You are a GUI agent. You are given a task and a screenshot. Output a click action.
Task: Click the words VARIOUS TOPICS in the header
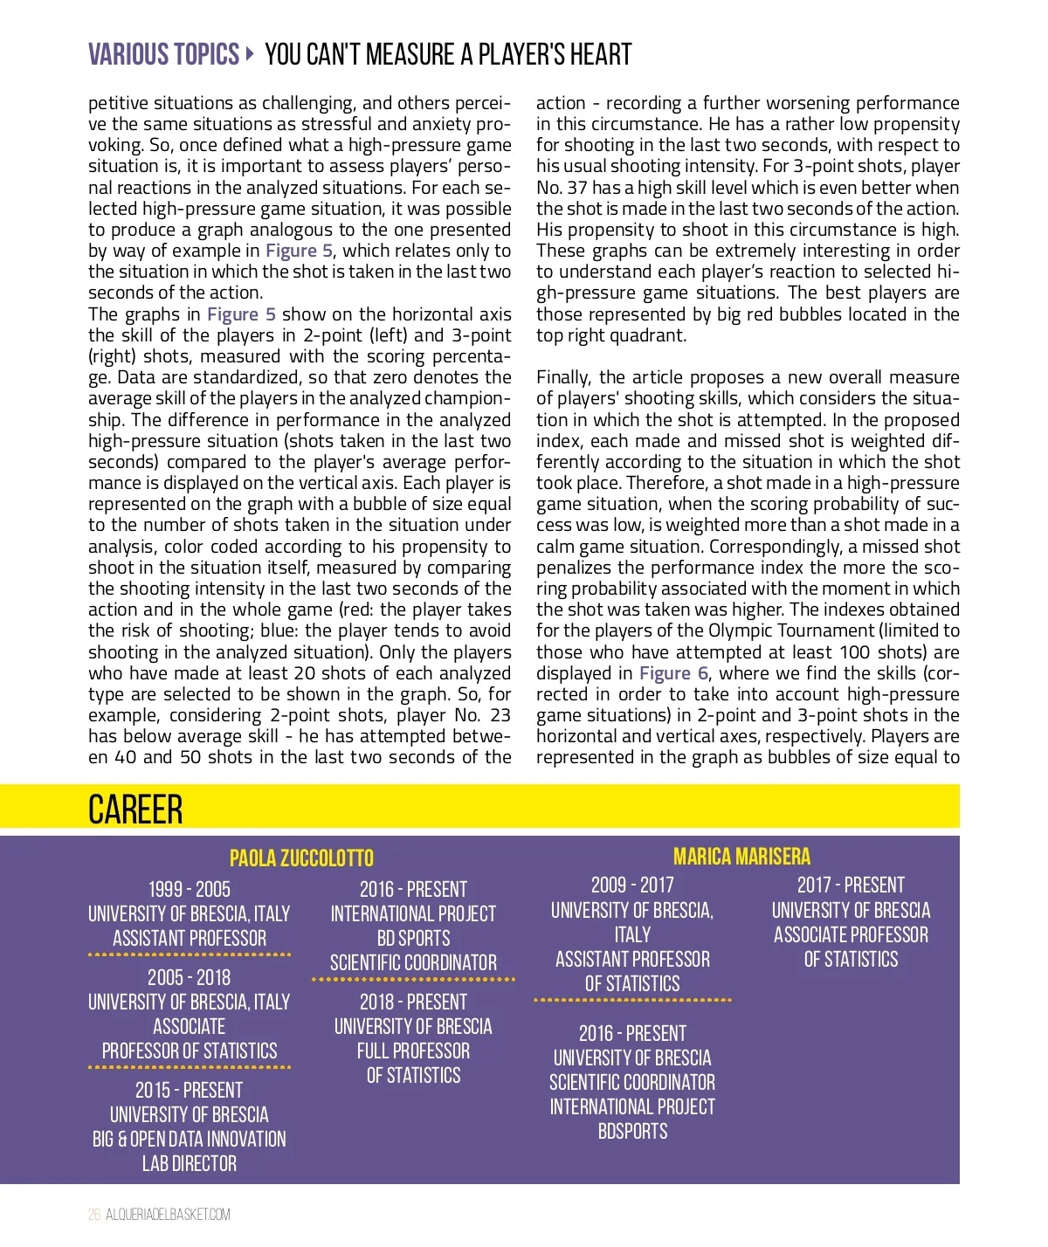(163, 55)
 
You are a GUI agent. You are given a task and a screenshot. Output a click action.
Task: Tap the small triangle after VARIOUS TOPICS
(251, 54)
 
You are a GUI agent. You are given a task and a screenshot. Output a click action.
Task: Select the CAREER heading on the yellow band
(135, 810)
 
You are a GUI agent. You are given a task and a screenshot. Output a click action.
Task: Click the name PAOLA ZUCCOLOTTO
(301, 858)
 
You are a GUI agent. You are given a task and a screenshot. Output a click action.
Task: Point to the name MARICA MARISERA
(741, 856)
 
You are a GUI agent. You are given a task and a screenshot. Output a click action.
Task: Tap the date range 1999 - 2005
(190, 889)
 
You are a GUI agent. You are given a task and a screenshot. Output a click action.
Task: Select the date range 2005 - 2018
(190, 977)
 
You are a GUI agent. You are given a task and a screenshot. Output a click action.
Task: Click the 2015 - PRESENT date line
(190, 1090)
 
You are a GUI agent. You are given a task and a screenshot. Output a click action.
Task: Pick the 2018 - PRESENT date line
(413, 1002)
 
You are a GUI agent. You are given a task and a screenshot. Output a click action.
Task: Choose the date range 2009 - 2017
(632, 885)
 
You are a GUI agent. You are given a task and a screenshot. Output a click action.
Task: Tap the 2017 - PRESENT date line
(851, 885)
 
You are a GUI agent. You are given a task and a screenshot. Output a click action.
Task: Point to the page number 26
(94, 1214)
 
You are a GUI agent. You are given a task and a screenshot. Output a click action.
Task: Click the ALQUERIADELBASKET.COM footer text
(169, 1214)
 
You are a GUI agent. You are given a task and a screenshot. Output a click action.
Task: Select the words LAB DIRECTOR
(190, 1163)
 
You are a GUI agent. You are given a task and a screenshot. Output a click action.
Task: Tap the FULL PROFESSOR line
(413, 1051)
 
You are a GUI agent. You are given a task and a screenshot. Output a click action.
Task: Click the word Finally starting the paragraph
(564, 377)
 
